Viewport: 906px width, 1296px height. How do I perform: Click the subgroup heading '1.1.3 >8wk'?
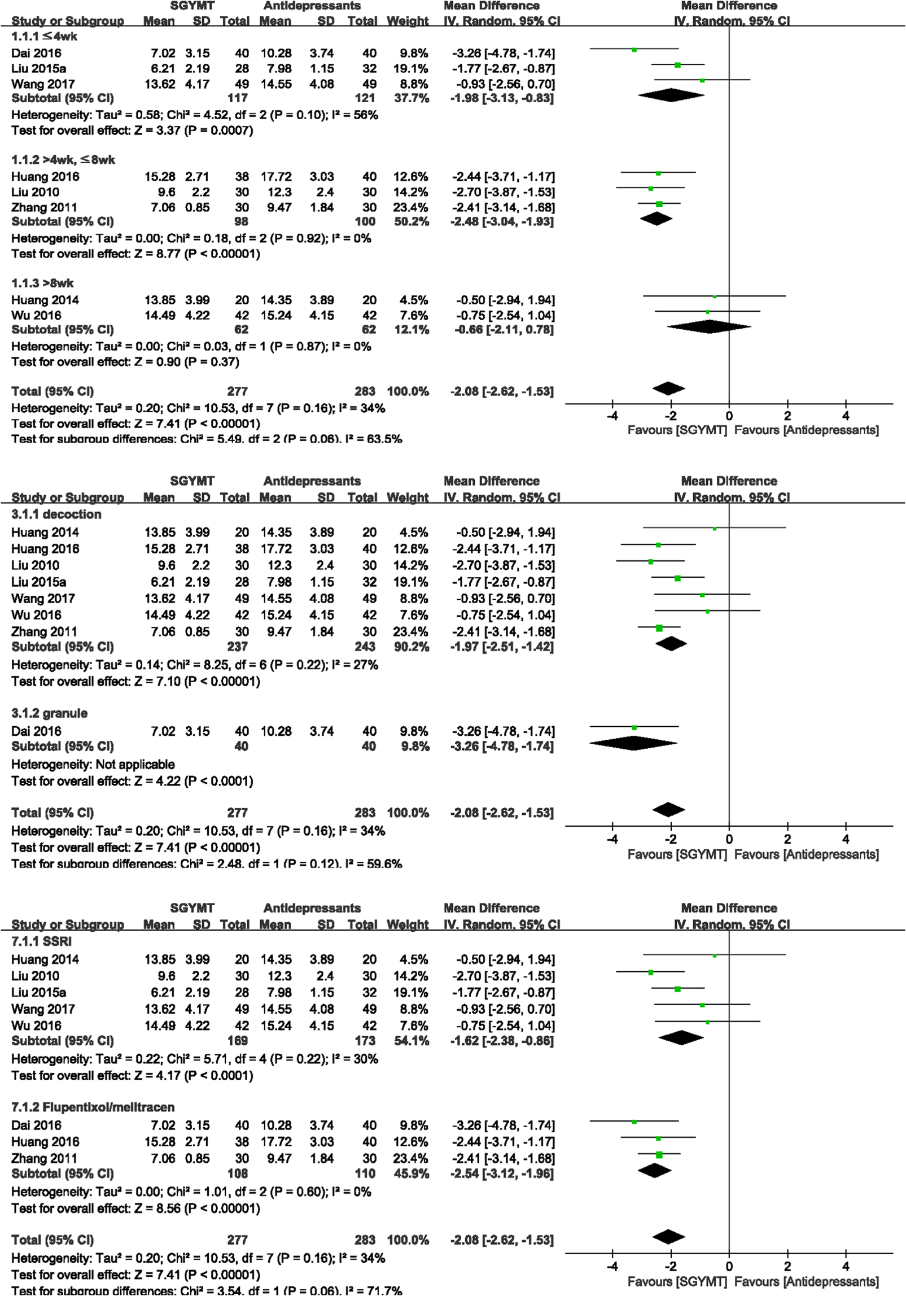[x=42, y=283]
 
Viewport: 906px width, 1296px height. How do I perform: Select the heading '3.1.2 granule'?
[x=49, y=713]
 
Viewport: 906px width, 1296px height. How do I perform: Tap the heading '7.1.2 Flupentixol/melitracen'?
[x=93, y=1107]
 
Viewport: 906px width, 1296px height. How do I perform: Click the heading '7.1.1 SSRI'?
[x=41, y=941]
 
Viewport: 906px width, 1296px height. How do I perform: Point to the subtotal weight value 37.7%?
[x=411, y=98]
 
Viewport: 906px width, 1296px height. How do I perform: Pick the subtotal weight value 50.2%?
[x=411, y=221]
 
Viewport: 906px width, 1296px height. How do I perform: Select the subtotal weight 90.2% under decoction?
[x=411, y=647]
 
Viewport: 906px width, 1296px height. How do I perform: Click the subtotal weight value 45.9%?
[x=411, y=1173]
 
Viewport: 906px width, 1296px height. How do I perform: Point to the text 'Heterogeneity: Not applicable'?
[x=93, y=765]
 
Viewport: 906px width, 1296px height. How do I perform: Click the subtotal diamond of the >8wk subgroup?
[x=709, y=326]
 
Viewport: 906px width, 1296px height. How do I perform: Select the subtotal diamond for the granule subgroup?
[x=633, y=743]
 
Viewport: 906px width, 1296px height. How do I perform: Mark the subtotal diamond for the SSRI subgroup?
[x=681, y=1037]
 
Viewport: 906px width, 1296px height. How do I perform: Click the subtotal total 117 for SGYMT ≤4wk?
[x=238, y=98]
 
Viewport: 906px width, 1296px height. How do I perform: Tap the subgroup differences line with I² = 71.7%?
[x=207, y=1290]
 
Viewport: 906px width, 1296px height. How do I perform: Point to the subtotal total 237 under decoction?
[x=238, y=647]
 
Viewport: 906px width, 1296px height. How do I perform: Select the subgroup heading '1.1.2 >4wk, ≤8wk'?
[x=63, y=160]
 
